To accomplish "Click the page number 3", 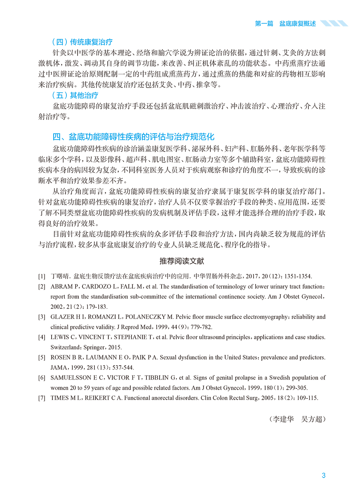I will pyautogui.click(x=324, y=476).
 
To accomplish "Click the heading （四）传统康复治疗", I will pyautogui.click(x=82, y=42).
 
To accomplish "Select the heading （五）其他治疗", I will pyautogui.click(x=75, y=95).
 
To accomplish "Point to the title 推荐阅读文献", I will pyautogui.click(x=182, y=261).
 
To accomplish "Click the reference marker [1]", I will pyautogui.click(x=42, y=276).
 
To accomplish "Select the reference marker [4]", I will pyautogui.click(x=42, y=337).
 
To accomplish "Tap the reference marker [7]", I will pyautogui.click(x=42, y=398).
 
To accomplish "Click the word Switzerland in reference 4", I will pyautogui.click(x=66, y=347).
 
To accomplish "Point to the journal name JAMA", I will pyautogui.click(x=58, y=368).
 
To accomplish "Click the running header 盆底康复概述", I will pyautogui.click(x=298, y=24).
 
